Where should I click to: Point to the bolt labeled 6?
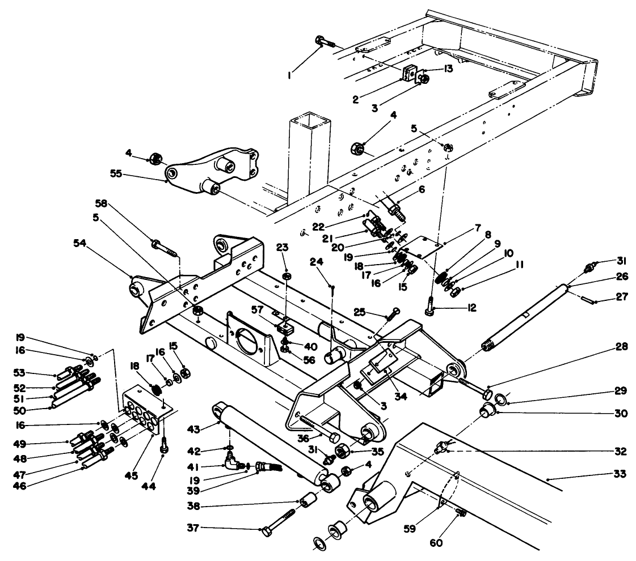(395, 212)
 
